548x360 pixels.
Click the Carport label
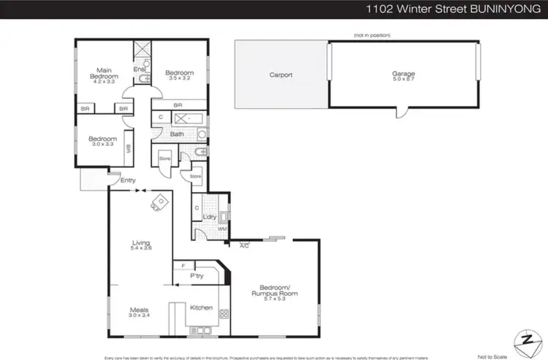pyautogui.click(x=281, y=74)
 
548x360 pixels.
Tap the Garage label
pyautogui.click(x=403, y=74)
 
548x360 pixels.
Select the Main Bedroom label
pyautogui.click(x=104, y=73)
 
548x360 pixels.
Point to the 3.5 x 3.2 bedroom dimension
pyautogui.click(x=178, y=79)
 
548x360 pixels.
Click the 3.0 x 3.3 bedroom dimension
pyautogui.click(x=103, y=145)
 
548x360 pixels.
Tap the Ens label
pyautogui.click(x=138, y=69)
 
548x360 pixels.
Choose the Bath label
pyautogui.click(x=177, y=134)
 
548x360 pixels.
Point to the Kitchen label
pyautogui.click(x=201, y=307)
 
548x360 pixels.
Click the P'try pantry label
pyautogui.click(x=196, y=276)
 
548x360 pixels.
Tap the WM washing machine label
pyautogui.click(x=222, y=229)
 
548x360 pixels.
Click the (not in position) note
pyautogui.click(x=372, y=35)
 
